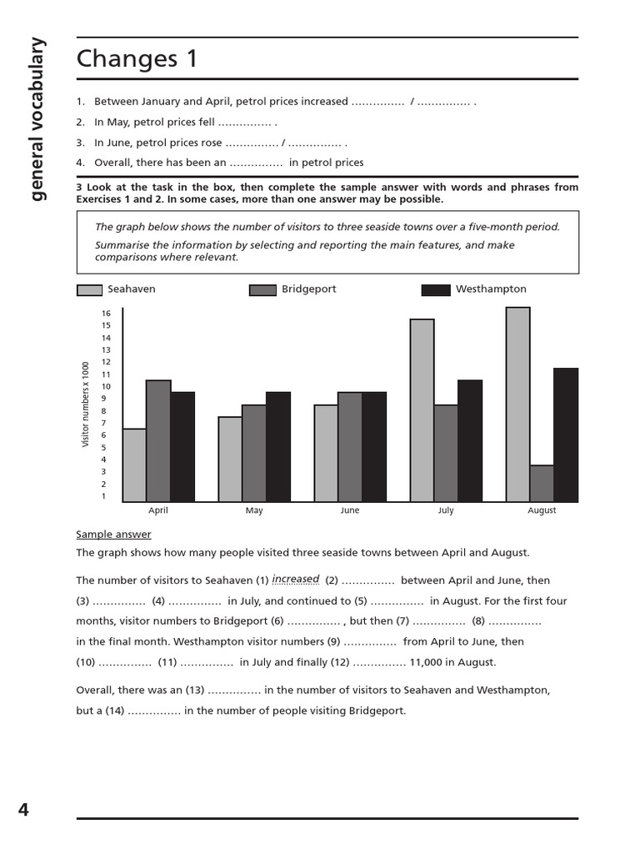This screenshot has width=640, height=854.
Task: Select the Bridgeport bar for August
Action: point(542,484)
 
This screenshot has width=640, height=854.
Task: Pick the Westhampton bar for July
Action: point(470,441)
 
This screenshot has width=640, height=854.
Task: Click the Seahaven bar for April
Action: point(134,465)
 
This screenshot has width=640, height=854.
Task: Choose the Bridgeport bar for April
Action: point(158,441)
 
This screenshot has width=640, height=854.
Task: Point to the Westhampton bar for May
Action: point(278,447)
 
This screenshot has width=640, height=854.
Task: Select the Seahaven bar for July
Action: point(422,410)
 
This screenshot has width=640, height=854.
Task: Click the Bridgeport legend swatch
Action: point(262,290)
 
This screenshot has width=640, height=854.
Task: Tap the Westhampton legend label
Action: point(491,289)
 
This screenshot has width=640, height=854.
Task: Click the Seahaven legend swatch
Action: point(90,290)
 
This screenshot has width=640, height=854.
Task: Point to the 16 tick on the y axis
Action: point(106,314)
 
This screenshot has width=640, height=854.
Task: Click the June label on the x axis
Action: point(350,510)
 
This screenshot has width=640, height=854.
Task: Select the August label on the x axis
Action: point(542,510)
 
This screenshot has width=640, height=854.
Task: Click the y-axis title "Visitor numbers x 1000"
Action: point(85,404)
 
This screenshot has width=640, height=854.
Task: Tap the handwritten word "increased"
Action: point(296,579)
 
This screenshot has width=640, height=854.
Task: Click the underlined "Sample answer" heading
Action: point(113,535)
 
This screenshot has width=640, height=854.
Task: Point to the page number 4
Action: point(23,809)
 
